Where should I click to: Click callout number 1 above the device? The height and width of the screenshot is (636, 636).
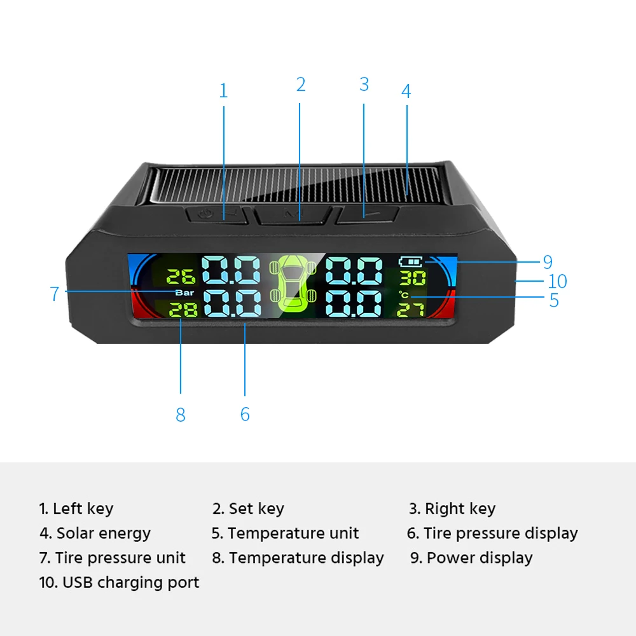coord(223,91)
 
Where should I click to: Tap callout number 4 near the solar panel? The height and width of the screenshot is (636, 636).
coord(406,91)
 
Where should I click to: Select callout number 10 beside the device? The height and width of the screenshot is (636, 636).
coord(557,281)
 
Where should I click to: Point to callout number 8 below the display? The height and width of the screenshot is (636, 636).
coord(181,415)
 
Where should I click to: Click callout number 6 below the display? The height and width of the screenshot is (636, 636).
coord(245,415)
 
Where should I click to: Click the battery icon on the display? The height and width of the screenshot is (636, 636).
coord(411,261)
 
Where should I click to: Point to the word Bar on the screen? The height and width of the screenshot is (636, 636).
coord(184,293)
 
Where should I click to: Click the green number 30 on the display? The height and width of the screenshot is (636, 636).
coord(412,277)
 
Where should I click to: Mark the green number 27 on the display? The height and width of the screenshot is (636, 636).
coord(412,310)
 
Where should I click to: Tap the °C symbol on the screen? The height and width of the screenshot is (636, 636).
coord(404,294)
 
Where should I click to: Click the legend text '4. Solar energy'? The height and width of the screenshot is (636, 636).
coord(95,533)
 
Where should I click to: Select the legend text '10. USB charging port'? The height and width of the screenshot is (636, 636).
coord(120,582)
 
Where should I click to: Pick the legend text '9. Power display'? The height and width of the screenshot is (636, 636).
coord(471,558)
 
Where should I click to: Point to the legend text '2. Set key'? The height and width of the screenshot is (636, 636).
coord(248,509)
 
